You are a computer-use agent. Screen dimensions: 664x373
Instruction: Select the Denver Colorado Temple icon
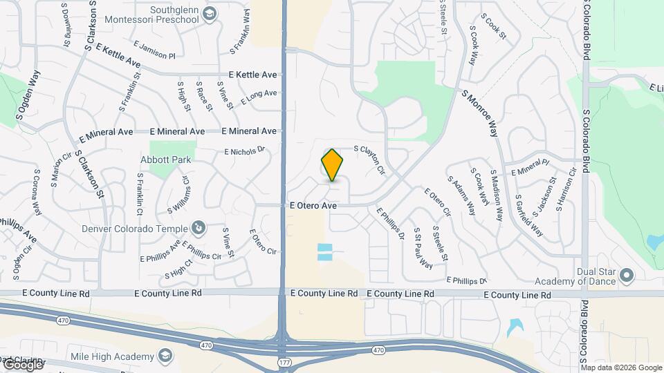pyautogui.click(x=198, y=228)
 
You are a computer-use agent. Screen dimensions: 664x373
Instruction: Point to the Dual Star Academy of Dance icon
pyautogui.click(x=627, y=276)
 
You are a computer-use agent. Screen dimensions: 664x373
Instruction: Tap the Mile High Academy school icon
pyautogui.click(x=165, y=356)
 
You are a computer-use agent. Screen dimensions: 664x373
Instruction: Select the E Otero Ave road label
pyautogui.click(x=313, y=206)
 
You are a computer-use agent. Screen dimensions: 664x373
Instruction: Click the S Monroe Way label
pyautogui.click(x=480, y=113)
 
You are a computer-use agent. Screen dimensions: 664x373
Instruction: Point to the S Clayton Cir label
pyautogui.click(x=369, y=160)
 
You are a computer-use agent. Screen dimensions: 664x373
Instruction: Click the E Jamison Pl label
pyautogui.click(x=158, y=50)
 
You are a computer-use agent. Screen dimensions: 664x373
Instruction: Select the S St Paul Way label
pyautogui.click(x=423, y=248)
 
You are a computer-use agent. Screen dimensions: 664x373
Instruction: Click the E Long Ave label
pyautogui.click(x=259, y=97)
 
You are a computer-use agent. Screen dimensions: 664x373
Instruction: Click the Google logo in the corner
pyautogui.click(x=24, y=363)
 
